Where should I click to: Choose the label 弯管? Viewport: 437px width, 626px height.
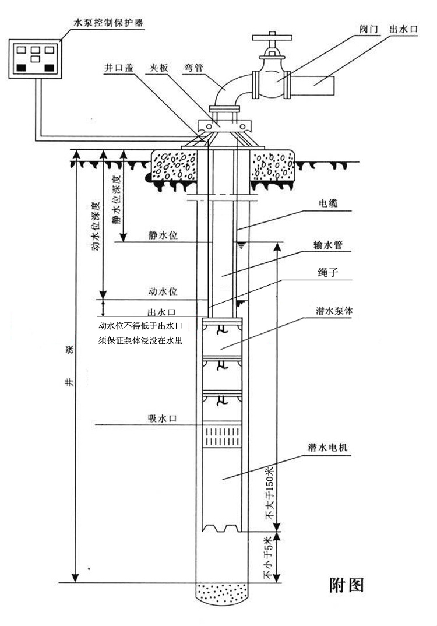pos(193,68)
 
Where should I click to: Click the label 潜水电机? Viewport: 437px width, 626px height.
pos(328,448)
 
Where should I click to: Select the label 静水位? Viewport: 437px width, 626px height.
pos(163,235)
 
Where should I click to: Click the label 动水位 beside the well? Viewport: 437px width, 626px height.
pos(163,290)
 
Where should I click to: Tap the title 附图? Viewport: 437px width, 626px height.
pos(347,585)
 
